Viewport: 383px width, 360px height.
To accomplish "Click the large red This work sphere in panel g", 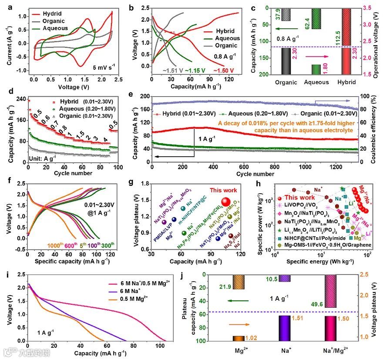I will (x=225, y=202).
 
